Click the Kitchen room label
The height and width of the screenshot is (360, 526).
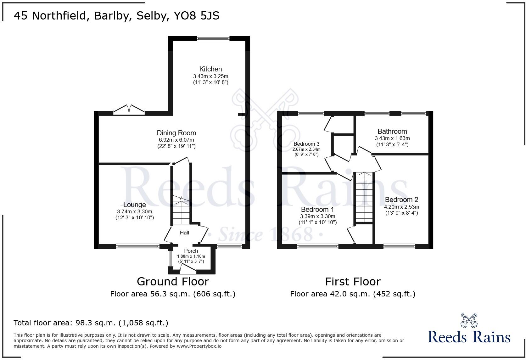click(x=210, y=69)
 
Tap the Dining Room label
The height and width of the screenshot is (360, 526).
click(x=176, y=133)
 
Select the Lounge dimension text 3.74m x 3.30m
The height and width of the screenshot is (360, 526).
click(x=134, y=212)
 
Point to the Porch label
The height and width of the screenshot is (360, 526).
click(x=191, y=251)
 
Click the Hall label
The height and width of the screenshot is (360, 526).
click(x=184, y=233)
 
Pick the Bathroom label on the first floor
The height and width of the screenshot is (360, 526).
click(x=392, y=132)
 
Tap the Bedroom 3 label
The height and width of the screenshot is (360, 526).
click(x=306, y=144)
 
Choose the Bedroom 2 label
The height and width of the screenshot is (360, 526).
click(x=401, y=200)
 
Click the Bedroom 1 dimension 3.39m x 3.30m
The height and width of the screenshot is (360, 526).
click(x=317, y=217)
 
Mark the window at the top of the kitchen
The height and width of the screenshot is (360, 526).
click(x=213, y=38)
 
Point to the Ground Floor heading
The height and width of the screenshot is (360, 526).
click(x=173, y=281)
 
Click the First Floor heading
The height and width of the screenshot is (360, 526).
click(x=353, y=281)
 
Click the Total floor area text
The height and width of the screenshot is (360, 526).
click(x=91, y=323)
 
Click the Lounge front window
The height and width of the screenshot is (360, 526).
click(x=137, y=247)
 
